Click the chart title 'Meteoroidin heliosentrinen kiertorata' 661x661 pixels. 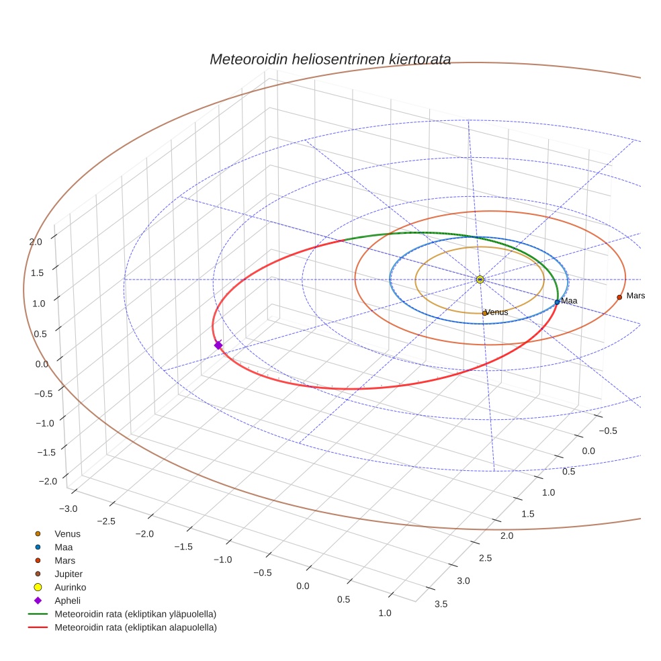[330, 59]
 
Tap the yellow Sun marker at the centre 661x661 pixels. [480, 279]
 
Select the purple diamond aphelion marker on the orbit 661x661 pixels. [218, 345]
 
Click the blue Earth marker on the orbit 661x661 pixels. [557, 302]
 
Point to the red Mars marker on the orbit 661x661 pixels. [619, 297]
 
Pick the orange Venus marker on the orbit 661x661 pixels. [484, 313]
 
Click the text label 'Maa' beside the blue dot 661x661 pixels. [569, 301]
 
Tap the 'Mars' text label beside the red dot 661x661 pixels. [635, 296]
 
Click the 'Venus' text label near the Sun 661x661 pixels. [497, 312]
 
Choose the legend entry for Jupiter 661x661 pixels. [68, 574]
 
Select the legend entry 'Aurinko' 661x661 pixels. [70, 587]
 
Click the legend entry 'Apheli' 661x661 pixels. [67, 601]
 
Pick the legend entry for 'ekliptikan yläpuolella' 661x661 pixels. [135, 614]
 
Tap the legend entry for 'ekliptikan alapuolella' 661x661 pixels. [135, 627]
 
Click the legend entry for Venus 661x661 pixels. [67, 533]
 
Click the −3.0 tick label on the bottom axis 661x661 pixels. [69, 508]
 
